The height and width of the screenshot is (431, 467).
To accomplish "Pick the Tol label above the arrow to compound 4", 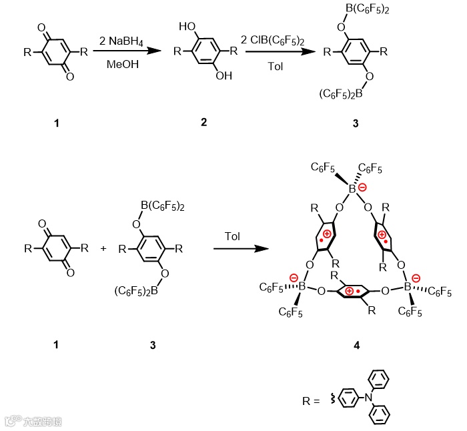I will (x=232, y=237).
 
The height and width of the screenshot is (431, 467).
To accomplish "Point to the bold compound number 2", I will (x=203, y=121).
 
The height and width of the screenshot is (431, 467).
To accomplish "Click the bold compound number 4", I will (x=358, y=345).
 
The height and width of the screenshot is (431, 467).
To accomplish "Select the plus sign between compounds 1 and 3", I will (x=103, y=248).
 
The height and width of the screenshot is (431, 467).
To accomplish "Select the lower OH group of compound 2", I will (x=223, y=76).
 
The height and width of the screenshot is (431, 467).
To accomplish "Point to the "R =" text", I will (x=312, y=402).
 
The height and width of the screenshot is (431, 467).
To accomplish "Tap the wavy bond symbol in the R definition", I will (x=328, y=401).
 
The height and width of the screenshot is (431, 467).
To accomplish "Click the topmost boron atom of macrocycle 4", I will (x=352, y=189).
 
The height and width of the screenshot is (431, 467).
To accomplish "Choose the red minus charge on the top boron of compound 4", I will (x=362, y=188).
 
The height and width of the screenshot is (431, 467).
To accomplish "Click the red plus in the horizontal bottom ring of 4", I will (x=349, y=292).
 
